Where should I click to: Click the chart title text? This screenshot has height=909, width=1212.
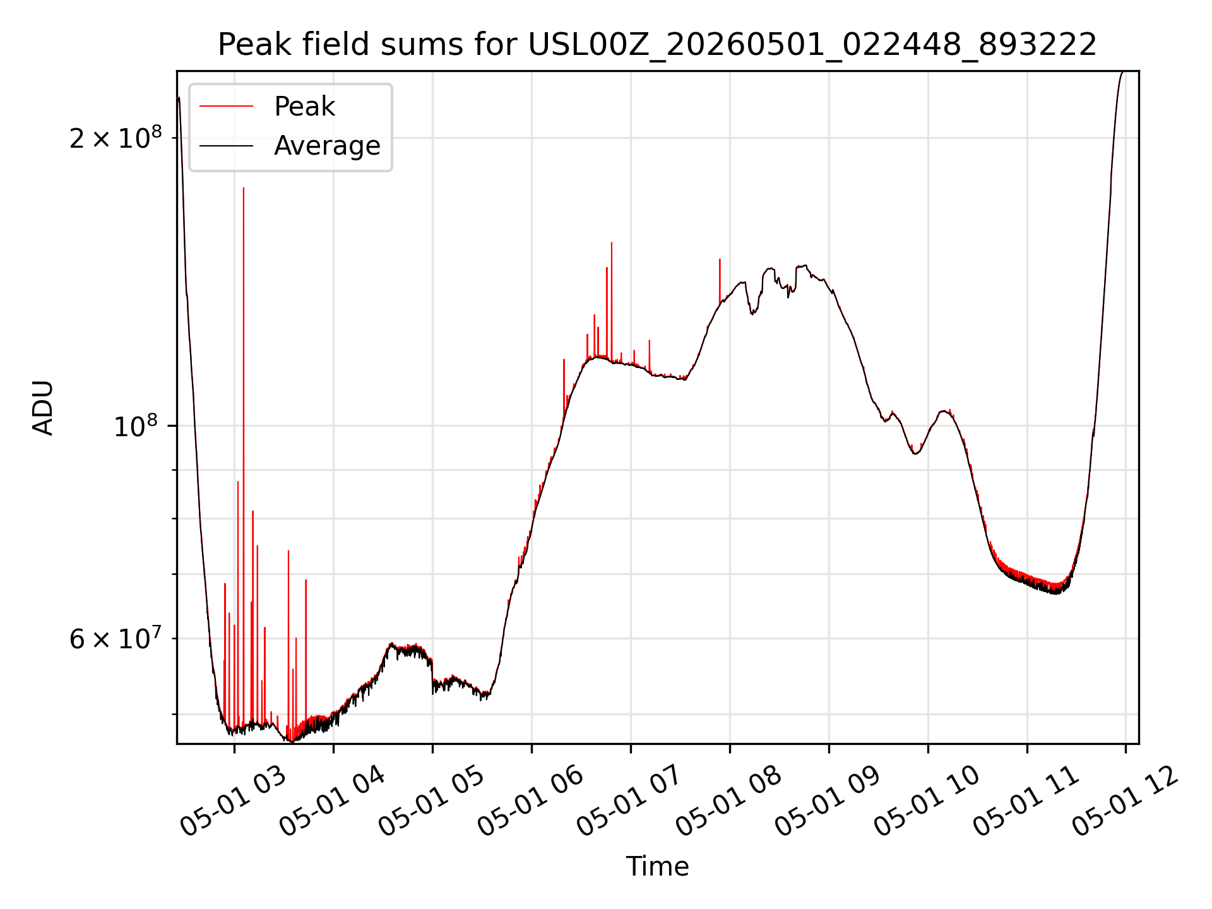(x=657, y=45)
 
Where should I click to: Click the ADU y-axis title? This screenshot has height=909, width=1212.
(x=43, y=408)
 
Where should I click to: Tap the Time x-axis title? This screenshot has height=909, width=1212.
(x=657, y=866)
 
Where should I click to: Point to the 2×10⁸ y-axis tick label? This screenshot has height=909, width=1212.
(x=116, y=137)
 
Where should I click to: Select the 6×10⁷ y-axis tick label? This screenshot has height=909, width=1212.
(x=116, y=638)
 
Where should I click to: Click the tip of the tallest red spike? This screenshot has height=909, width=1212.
(x=244, y=187)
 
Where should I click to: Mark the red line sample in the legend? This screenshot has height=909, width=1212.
(x=227, y=107)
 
